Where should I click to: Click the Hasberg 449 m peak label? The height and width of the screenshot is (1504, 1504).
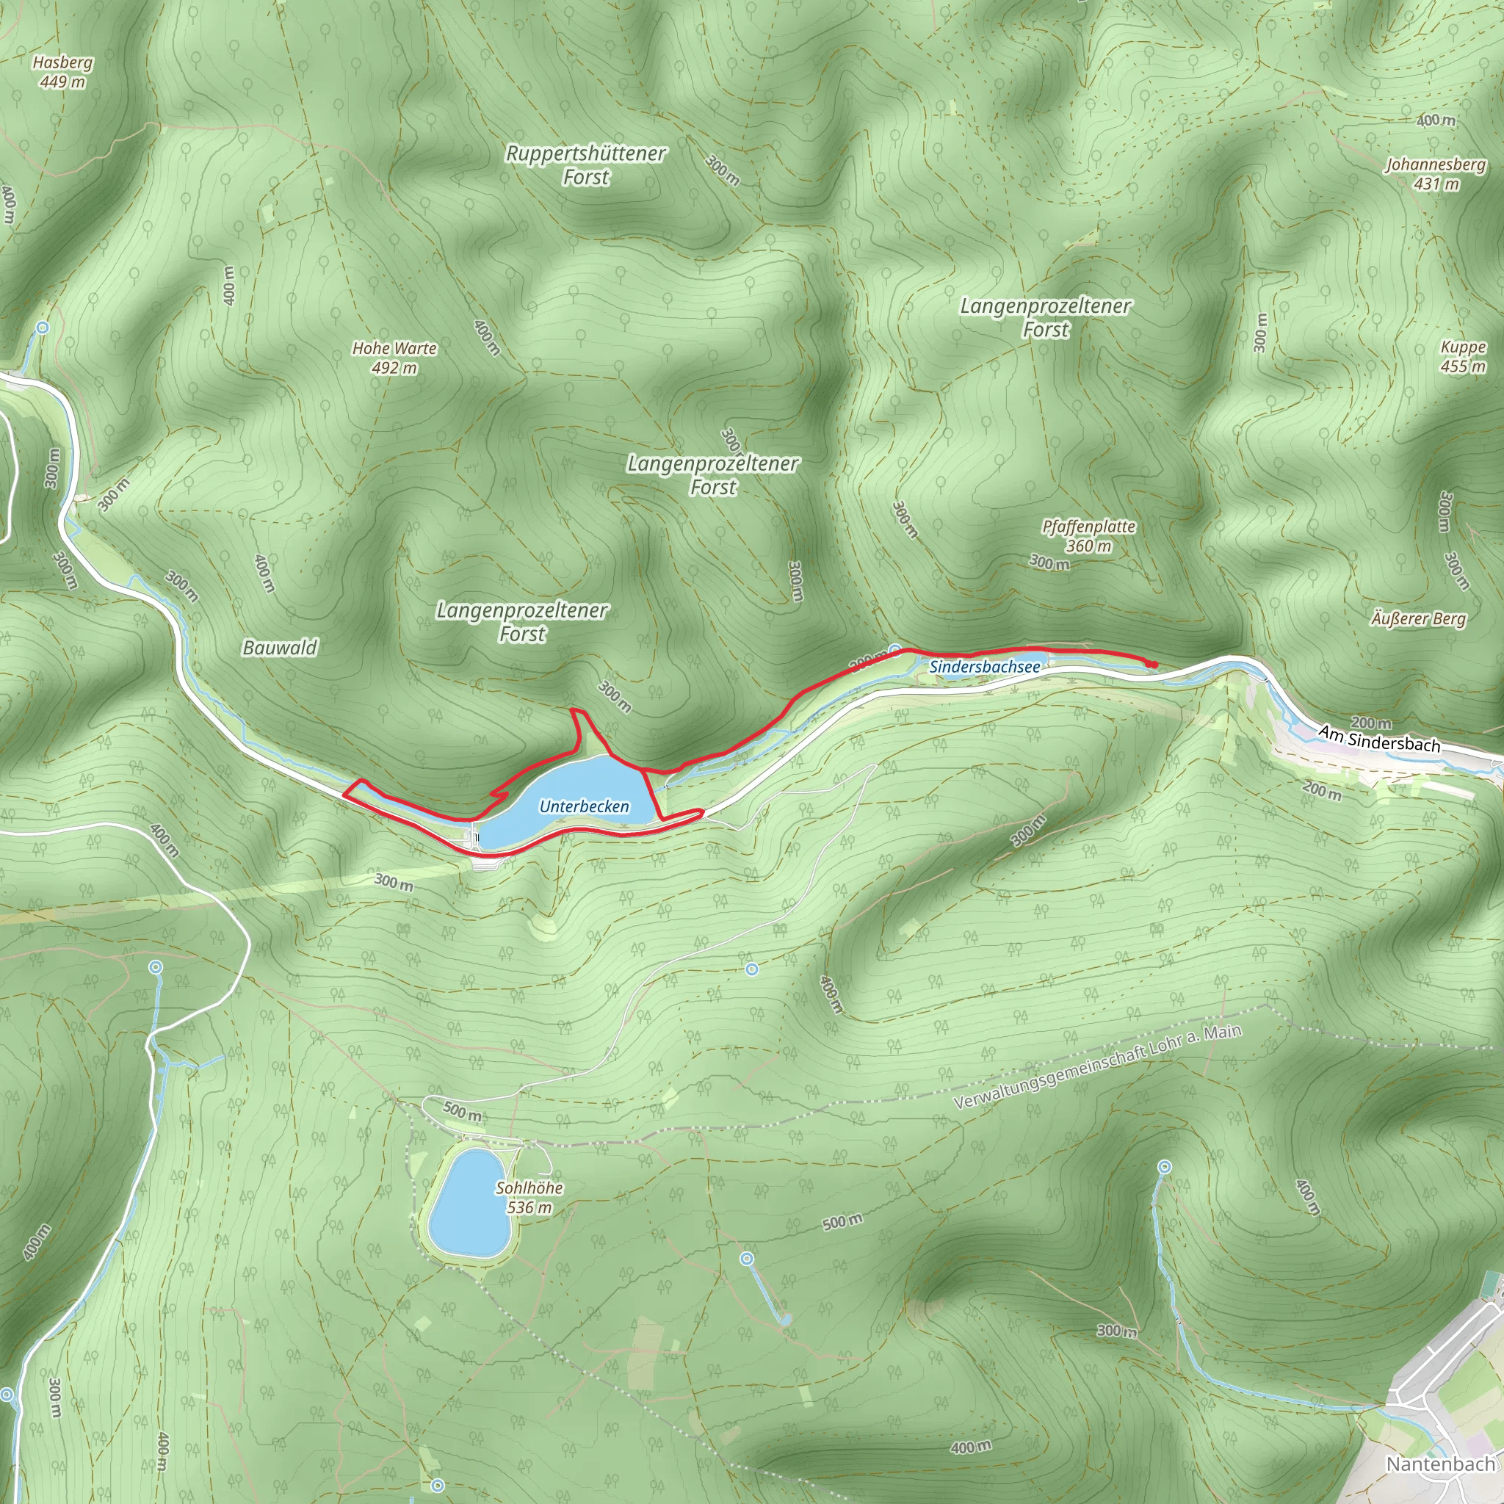click(x=62, y=72)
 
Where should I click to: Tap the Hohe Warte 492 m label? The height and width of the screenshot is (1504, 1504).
click(x=394, y=358)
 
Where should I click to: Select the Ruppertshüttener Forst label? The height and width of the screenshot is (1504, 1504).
click(x=585, y=165)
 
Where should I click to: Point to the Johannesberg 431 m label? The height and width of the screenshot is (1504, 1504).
click(x=1436, y=173)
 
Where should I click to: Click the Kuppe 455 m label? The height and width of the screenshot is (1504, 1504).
click(x=1463, y=356)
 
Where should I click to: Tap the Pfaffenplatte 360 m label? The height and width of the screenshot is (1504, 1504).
click(x=1088, y=535)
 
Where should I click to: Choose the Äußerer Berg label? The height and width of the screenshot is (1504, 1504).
click(x=1418, y=619)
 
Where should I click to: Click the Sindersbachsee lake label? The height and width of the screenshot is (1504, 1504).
click(x=984, y=667)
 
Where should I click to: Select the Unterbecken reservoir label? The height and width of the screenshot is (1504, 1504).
click(x=584, y=806)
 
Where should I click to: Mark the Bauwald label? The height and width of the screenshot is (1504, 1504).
click(x=280, y=648)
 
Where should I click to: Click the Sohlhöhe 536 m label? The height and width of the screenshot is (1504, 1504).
click(x=529, y=1197)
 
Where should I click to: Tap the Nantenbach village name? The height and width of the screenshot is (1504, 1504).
click(x=1440, y=1464)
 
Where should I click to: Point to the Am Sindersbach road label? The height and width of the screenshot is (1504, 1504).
click(x=1378, y=738)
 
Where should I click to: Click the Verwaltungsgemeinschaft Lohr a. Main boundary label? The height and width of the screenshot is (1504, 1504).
click(x=1097, y=1067)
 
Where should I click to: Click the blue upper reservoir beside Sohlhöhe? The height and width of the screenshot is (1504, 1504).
click(x=469, y=1203)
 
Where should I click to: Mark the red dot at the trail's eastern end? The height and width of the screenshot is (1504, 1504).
click(x=1151, y=664)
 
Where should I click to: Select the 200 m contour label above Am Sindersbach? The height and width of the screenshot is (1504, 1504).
click(x=1371, y=723)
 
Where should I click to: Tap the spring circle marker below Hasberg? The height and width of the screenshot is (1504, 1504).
click(x=43, y=328)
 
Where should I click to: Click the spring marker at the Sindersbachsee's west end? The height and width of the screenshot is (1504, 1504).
click(x=895, y=649)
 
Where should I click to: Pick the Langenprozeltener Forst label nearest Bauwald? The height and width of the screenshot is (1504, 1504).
click(x=521, y=622)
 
